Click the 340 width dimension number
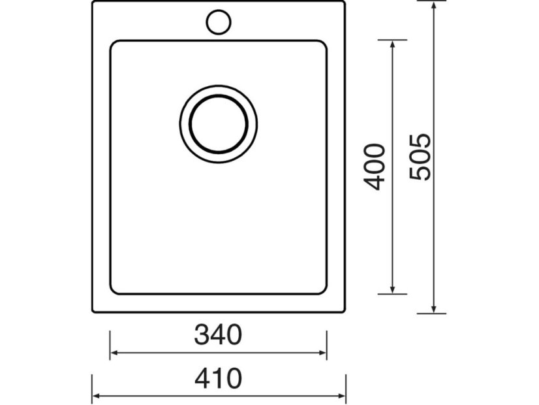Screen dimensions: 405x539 point(218,335)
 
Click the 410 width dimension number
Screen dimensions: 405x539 point(218,378)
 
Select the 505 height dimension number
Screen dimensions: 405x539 point(419,157)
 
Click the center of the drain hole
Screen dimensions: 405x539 point(218,122)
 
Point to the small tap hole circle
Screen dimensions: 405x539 point(219,22)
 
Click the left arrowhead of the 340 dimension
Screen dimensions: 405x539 point(114,353)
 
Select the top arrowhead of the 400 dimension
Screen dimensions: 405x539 point(392,45)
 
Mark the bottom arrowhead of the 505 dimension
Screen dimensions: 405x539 point(433,309)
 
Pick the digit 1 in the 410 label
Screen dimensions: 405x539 point(219,378)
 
